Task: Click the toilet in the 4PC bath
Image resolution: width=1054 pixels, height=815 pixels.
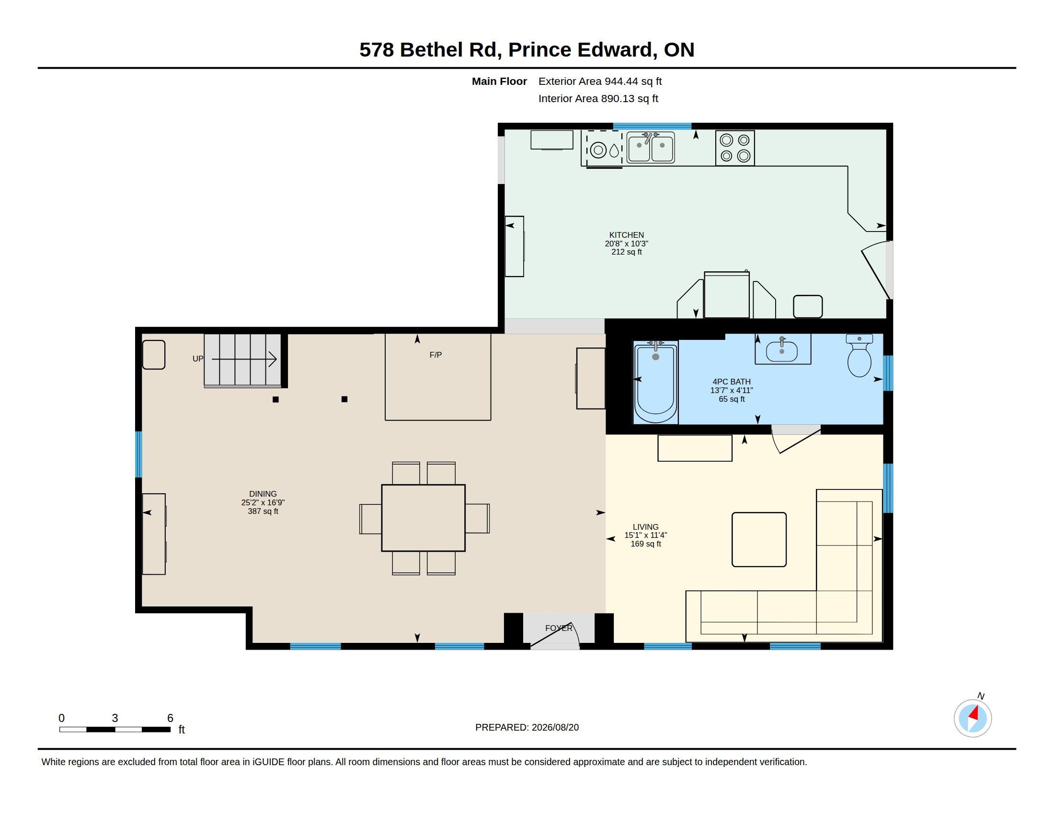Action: [x=859, y=355]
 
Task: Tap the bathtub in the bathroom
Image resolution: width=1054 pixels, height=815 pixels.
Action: [x=655, y=382]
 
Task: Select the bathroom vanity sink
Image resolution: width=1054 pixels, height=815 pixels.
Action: [x=782, y=350]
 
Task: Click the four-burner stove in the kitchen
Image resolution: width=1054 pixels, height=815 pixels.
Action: [x=735, y=148]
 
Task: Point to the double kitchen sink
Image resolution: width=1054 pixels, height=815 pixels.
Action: [x=651, y=148]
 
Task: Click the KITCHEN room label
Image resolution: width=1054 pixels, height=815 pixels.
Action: [x=627, y=235]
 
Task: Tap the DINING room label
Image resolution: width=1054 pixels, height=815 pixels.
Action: [x=263, y=494]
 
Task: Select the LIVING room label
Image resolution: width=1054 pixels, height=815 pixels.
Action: [x=646, y=527]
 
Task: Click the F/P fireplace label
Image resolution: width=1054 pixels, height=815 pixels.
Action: [x=435, y=355]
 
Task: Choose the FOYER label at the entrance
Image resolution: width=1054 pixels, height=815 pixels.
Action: [x=559, y=628]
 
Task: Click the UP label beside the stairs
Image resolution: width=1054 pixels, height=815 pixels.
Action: [x=198, y=359]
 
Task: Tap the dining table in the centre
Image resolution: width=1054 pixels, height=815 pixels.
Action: [x=423, y=518]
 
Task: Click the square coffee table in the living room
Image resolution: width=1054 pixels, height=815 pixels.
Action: [x=759, y=539]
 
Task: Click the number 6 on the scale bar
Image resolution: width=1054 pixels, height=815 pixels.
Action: [x=170, y=718]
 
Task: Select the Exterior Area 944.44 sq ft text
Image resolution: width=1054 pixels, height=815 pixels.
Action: [x=600, y=81]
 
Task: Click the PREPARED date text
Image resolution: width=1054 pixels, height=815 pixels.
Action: [x=527, y=727]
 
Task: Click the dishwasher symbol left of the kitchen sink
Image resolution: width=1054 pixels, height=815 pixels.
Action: [x=602, y=149]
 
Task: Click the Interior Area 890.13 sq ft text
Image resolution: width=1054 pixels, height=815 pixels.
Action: [x=598, y=98]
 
